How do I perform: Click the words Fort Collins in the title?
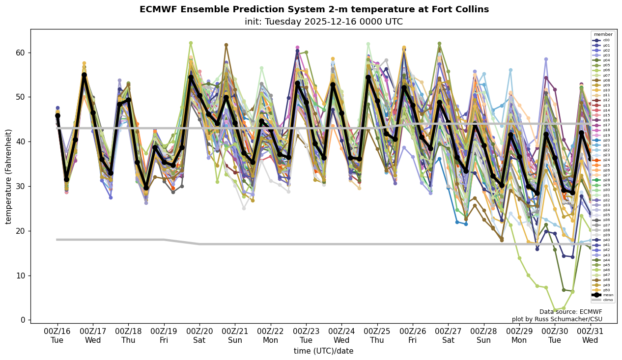tap(462, 10)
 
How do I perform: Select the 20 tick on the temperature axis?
tap(22, 231)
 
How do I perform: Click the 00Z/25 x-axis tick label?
tap(377, 332)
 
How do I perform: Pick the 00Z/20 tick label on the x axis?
tap(199, 332)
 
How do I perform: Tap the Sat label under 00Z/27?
tap(448, 340)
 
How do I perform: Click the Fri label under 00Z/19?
tap(164, 340)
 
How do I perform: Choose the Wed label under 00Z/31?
tap(590, 340)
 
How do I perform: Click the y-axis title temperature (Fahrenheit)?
tap(9, 176)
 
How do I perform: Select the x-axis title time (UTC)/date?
tap(323, 351)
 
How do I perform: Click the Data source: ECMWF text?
tap(570, 312)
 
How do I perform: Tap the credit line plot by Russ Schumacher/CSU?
tap(557, 319)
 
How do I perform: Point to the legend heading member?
tap(603, 35)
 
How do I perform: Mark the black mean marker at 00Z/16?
tap(57, 115)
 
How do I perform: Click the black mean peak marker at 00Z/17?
tap(84, 75)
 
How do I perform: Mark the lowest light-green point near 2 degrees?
tap(555, 310)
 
